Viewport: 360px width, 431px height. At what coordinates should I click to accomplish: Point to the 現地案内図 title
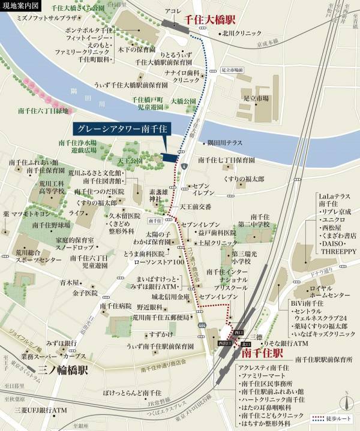tap(19, 5)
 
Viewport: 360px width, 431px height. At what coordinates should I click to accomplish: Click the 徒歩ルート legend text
tap(341, 418)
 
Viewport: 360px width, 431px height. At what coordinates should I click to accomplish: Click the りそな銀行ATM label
tap(286, 343)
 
